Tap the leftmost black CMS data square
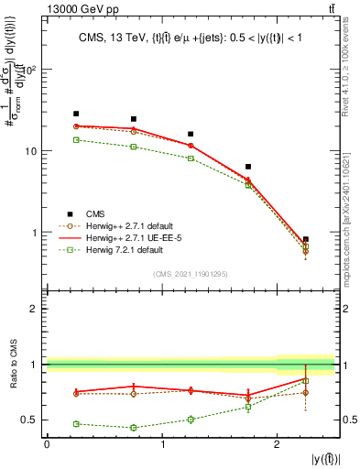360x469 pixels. (x=76, y=114)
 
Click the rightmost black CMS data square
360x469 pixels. (x=306, y=239)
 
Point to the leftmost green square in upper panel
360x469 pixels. (x=76, y=140)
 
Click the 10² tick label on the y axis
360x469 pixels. (x=31, y=70)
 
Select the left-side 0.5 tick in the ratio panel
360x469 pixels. (x=33, y=420)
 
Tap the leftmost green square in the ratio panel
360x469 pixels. (x=76, y=423)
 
